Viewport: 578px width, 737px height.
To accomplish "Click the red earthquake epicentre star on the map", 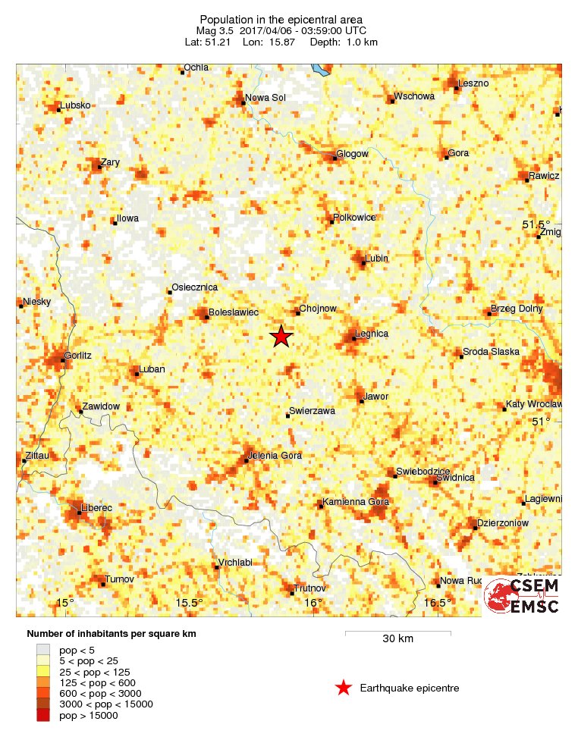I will (281, 336).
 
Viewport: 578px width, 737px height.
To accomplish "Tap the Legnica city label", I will (372, 334).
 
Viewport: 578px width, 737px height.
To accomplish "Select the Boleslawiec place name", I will (234, 312).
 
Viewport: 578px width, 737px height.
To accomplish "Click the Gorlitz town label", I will (78, 355).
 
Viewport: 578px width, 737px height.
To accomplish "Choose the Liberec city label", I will (97, 507).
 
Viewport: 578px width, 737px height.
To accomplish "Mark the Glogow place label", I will (353, 154).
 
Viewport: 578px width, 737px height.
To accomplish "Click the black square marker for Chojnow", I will (298, 313).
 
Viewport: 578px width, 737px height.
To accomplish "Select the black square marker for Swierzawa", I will (287, 416).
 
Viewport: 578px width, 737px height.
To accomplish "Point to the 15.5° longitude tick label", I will (190, 603).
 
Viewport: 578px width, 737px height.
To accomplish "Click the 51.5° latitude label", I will (536, 225).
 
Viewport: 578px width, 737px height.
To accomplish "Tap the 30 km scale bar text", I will (397, 639).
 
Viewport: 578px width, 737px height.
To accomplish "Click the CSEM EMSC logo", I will (522, 596).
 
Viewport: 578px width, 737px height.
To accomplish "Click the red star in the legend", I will (344, 688).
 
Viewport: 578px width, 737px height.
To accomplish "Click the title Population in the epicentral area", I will (281, 19).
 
